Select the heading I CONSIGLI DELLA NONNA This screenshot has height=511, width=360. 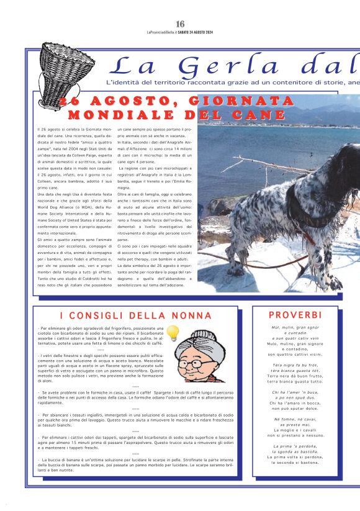click(135, 315)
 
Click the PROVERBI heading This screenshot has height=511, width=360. click(295, 315)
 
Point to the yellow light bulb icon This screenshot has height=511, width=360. click(173, 334)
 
